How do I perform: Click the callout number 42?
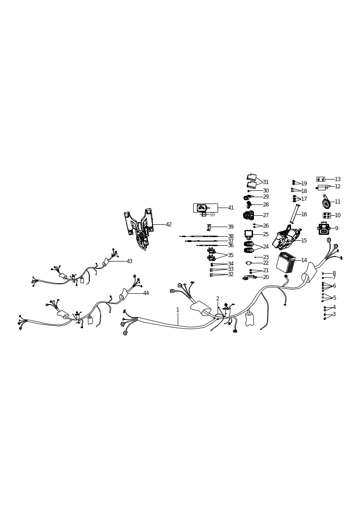(169, 224)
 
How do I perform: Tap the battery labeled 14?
(286, 262)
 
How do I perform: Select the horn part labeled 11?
(326, 202)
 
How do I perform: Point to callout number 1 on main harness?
(178, 310)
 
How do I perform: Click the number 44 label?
(146, 293)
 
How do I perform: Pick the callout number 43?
(130, 261)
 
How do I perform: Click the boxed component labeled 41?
(205, 208)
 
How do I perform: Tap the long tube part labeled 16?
(295, 214)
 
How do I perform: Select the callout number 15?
(304, 241)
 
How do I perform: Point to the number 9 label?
(336, 228)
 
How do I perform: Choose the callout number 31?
(266, 182)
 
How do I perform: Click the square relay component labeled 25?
(249, 234)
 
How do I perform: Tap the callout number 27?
(266, 215)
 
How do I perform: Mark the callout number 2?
(218, 299)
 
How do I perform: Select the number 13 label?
(338, 179)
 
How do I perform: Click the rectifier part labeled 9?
(324, 228)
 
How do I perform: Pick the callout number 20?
(266, 277)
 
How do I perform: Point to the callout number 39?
(231, 227)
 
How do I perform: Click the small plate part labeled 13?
(321, 179)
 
